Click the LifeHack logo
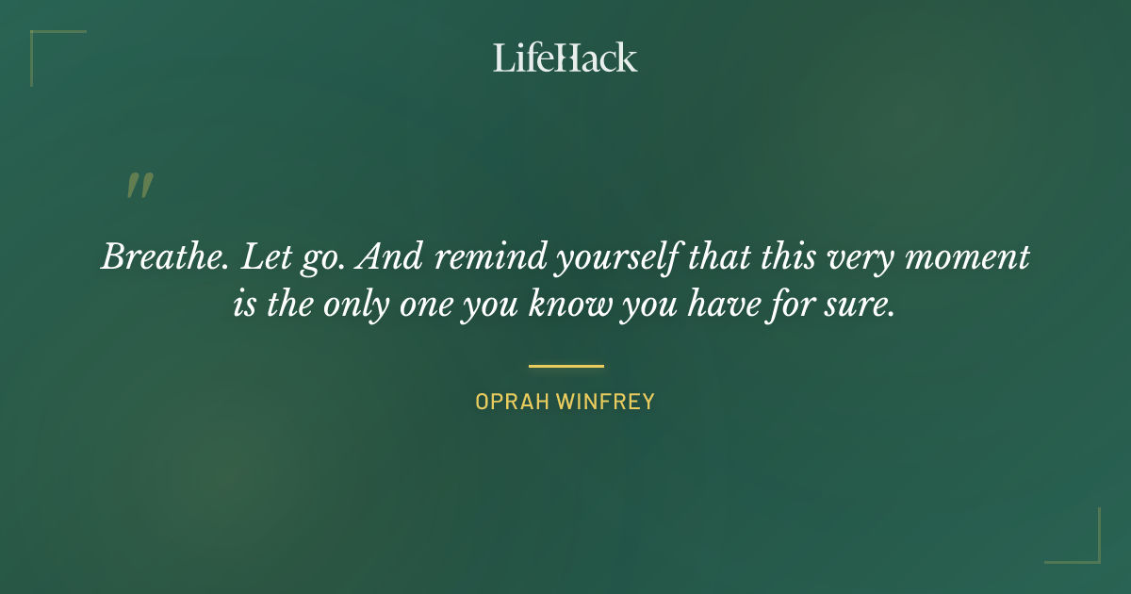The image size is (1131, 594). tap(565, 58)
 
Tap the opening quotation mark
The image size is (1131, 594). tap(139, 186)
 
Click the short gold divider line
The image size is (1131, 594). tap(565, 366)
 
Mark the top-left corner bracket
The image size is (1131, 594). tap(47, 47)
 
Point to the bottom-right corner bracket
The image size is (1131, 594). tap(1084, 547)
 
